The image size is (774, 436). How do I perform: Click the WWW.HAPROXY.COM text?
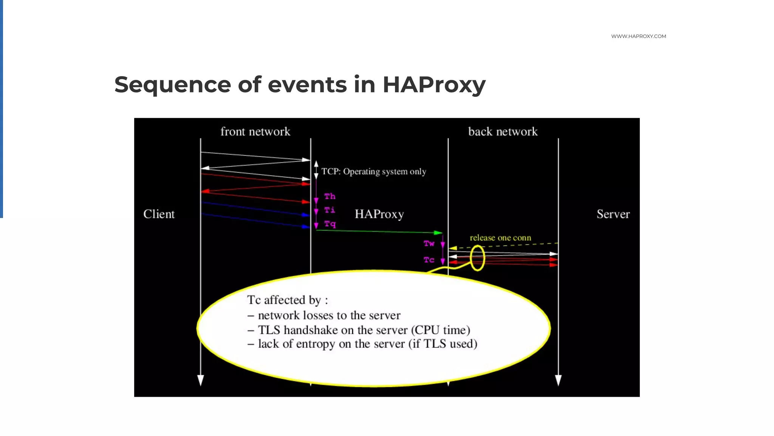pyautogui.click(x=638, y=36)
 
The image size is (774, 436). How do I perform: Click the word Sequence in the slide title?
pyautogui.click(x=172, y=84)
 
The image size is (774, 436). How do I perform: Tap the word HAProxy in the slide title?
pyautogui.click(x=434, y=84)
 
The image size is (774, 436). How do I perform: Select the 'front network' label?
pyautogui.click(x=255, y=131)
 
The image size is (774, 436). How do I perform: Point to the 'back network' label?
pyautogui.click(x=503, y=131)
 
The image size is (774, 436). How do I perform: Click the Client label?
pyautogui.click(x=159, y=214)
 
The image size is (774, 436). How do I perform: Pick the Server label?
pyautogui.click(x=613, y=214)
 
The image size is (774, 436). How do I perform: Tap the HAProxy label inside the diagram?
pyautogui.click(x=379, y=214)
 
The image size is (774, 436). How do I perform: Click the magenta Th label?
pyautogui.click(x=330, y=196)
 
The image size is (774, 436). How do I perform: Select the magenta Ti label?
pyautogui.click(x=330, y=210)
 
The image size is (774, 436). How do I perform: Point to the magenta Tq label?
pyautogui.click(x=330, y=224)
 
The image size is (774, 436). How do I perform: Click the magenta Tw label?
pyautogui.click(x=429, y=243)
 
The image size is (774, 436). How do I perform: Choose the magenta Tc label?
pyautogui.click(x=429, y=260)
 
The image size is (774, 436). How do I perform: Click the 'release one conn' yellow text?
pyautogui.click(x=500, y=238)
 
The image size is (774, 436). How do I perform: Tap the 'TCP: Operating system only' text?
pyautogui.click(x=373, y=171)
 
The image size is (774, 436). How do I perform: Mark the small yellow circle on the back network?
pyautogui.click(x=478, y=258)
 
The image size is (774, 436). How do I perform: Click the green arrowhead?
pyautogui.click(x=438, y=232)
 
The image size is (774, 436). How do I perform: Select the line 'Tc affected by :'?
pyautogui.click(x=287, y=300)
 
